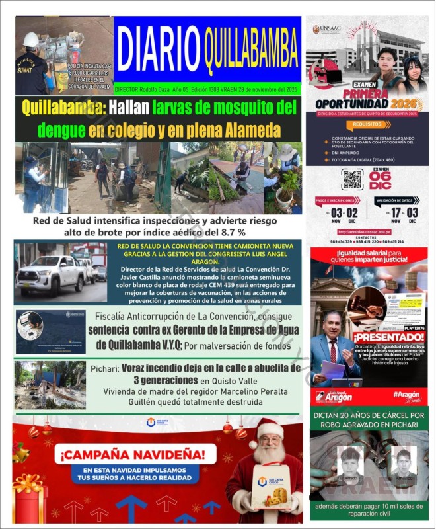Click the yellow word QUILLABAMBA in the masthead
tap(251, 48)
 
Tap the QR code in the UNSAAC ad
tap(352, 179)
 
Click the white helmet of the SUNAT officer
tap(30, 39)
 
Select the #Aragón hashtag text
tap(406, 393)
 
